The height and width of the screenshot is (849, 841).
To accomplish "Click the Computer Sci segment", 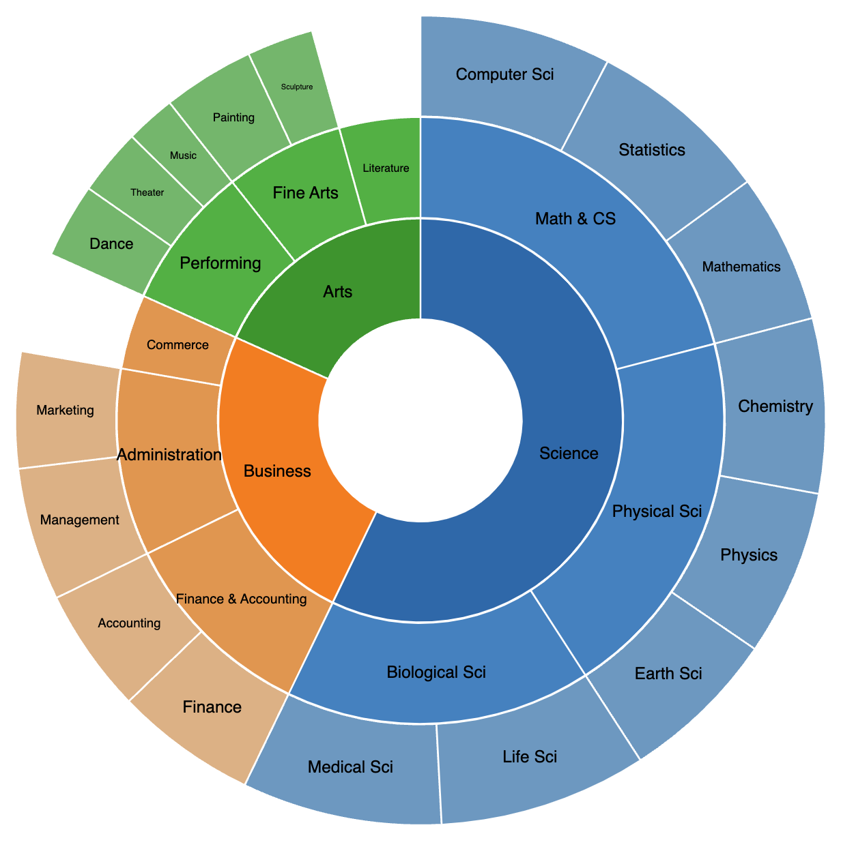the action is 504,74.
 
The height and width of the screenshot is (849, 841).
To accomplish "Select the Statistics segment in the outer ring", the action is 652,149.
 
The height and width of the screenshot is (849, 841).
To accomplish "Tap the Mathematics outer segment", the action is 741,267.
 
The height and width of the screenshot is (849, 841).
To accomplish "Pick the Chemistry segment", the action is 775,407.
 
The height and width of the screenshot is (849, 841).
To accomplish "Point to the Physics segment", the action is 749,555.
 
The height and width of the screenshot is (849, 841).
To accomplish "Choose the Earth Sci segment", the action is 668,674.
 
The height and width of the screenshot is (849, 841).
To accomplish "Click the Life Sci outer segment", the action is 530,756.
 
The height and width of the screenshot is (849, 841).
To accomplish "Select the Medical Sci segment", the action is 350,767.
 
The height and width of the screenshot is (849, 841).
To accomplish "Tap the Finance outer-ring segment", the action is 212,707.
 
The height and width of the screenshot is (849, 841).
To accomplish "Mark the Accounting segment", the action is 129,623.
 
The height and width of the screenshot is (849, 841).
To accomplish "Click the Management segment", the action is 79,520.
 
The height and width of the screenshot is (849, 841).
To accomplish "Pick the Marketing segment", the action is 66,411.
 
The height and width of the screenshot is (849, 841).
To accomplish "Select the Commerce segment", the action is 177,345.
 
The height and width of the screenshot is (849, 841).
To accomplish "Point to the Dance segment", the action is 111,243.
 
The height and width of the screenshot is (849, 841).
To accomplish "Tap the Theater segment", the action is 147,192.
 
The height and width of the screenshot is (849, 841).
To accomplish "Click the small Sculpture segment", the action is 297,87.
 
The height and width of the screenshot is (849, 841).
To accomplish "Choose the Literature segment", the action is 386,168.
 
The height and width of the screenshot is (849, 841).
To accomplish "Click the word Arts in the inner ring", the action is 338,292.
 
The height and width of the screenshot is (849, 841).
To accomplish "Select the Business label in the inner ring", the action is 277,471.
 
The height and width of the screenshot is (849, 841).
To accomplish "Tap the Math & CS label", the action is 575,218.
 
